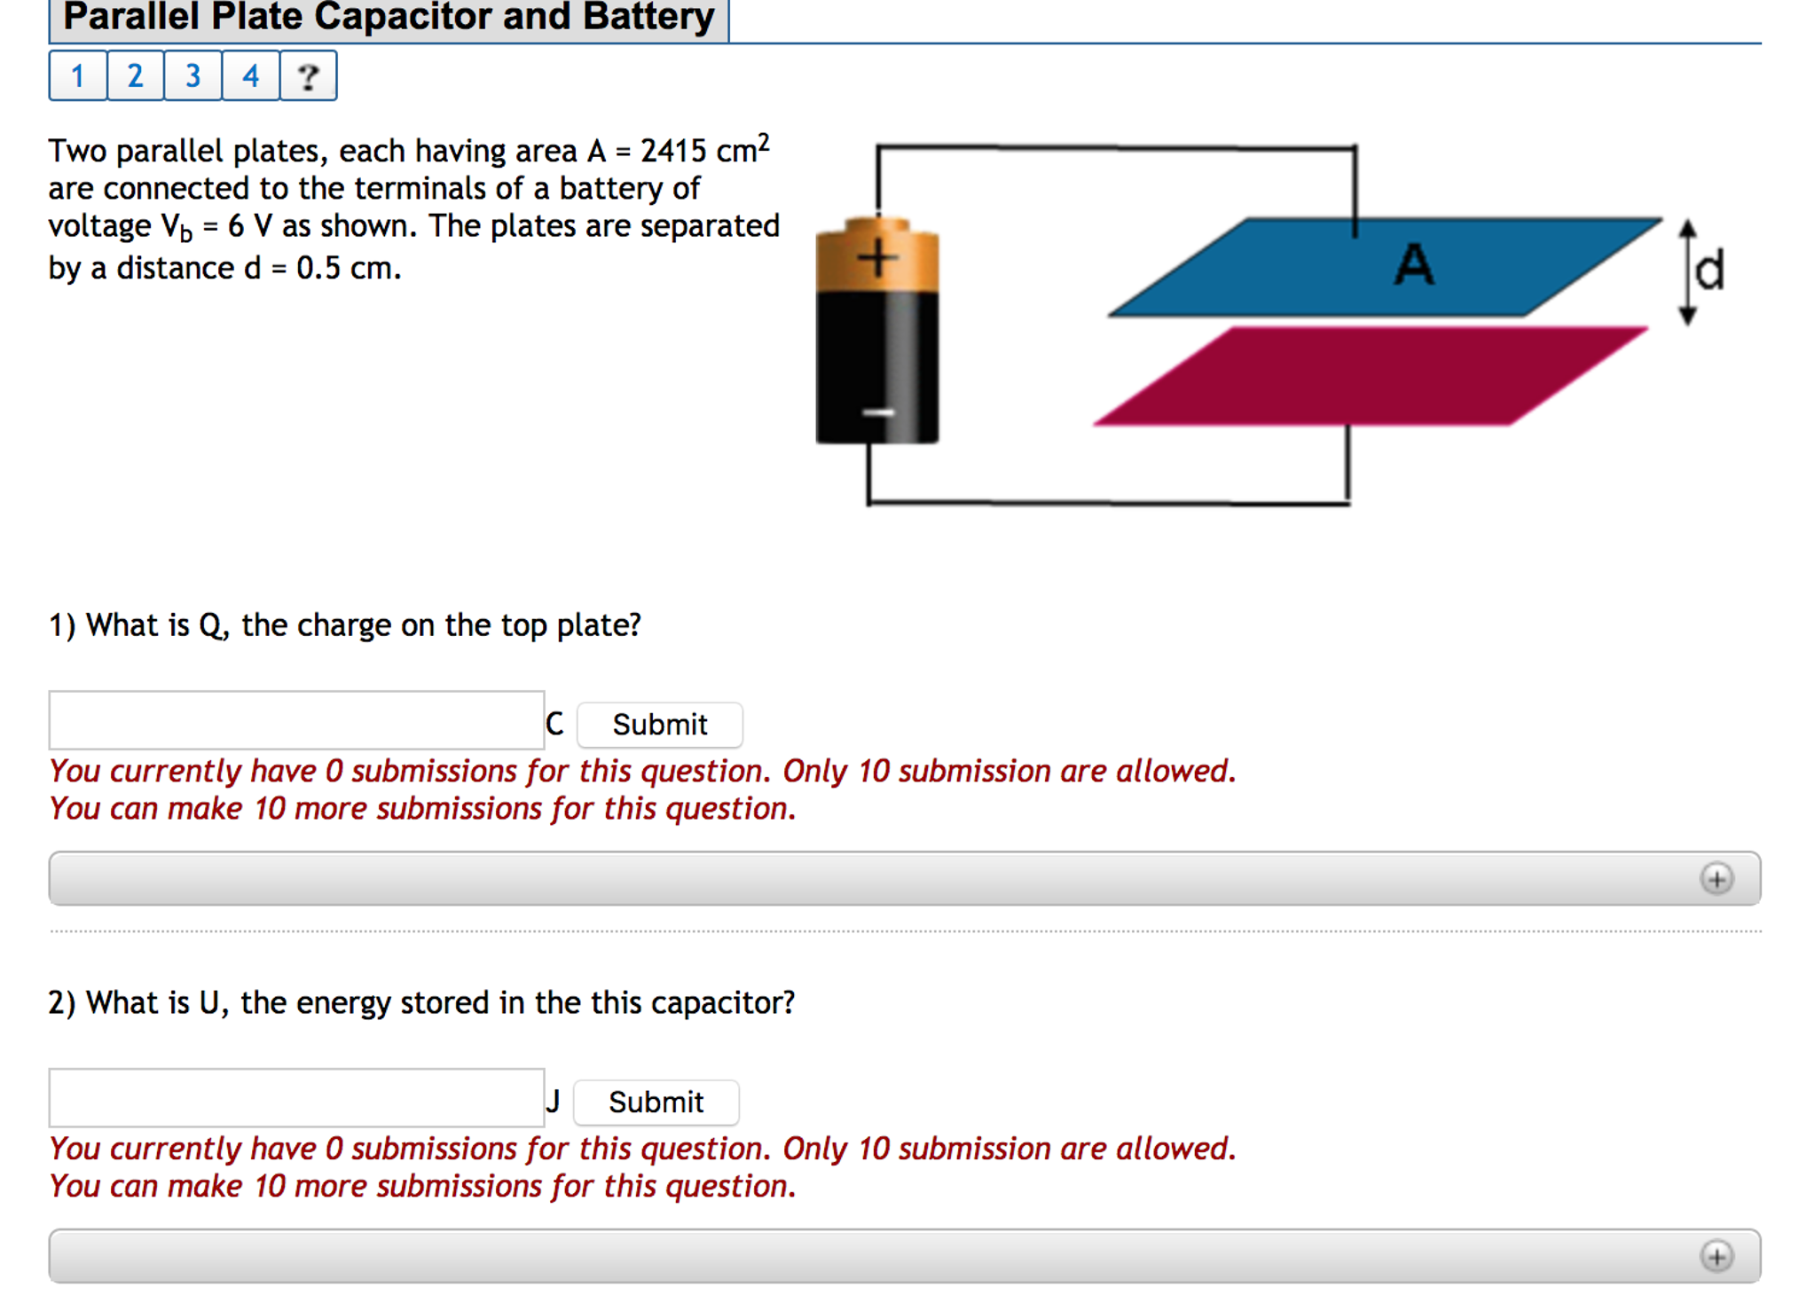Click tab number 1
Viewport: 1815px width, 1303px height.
point(78,76)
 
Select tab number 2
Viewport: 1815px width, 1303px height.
point(135,76)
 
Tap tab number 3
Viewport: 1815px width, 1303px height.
point(192,76)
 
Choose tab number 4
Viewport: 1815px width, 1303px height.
point(250,76)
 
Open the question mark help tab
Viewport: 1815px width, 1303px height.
point(308,76)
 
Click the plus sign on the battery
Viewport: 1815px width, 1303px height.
point(877,258)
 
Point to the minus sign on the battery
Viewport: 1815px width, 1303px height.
point(877,412)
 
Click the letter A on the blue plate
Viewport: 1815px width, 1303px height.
point(1413,264)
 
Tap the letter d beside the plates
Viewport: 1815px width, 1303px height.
point(1709,271)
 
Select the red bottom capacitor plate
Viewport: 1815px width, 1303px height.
point(1371,376)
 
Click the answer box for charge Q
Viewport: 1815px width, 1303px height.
point(296,720)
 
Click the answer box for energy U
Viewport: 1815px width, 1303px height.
point(296,1098)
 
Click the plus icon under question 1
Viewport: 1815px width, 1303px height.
point(1717,878)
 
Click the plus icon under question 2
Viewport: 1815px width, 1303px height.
point(1717,1256)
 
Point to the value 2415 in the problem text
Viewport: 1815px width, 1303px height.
point(673,152)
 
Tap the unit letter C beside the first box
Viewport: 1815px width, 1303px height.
point(554,724)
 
